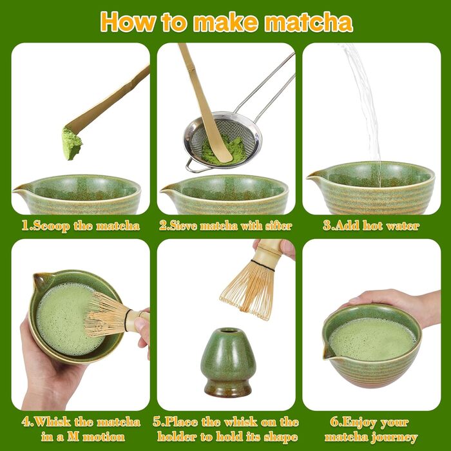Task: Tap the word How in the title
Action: click(128, 22)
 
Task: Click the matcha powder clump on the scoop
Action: click(72, 143)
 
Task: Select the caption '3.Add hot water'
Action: click(371, 225)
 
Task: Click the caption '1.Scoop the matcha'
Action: click(81, 226)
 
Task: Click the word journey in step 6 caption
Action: click(394, 437)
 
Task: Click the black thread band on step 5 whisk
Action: click(263, 265)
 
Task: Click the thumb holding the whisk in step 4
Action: click(142, 323)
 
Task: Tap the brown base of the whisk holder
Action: click(228, 389)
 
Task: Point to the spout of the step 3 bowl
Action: click(314, 176)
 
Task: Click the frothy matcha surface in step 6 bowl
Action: click(372, 339)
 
